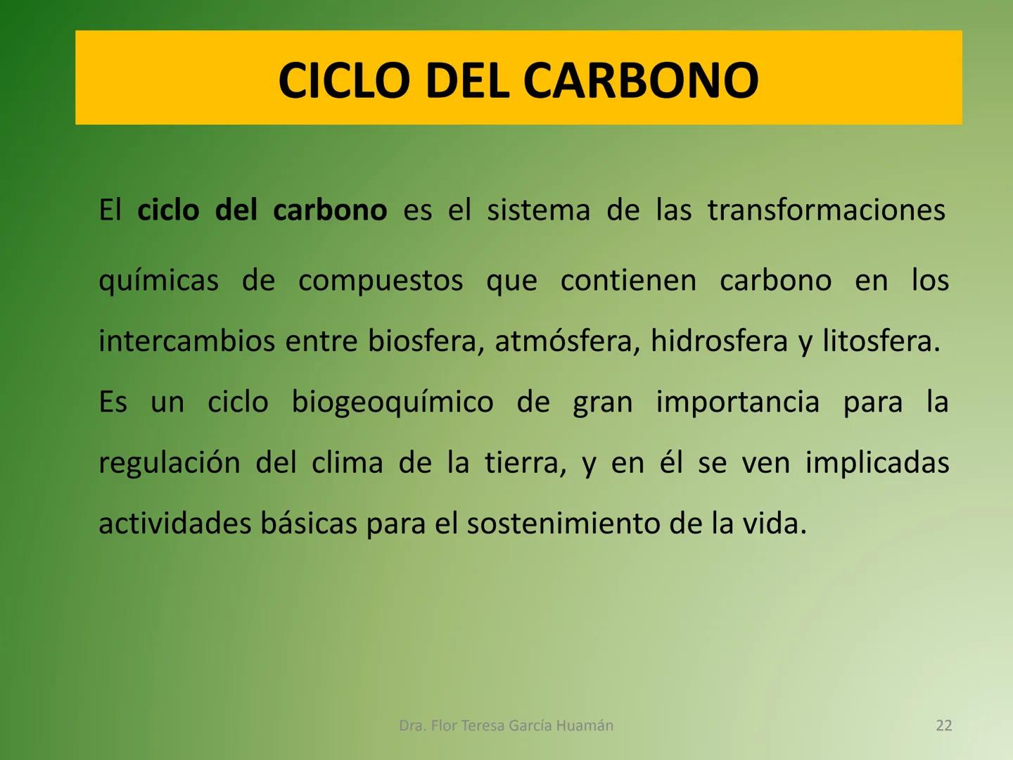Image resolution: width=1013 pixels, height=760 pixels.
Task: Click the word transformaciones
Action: click(827, 210)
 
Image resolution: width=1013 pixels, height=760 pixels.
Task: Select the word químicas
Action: click(159, 281)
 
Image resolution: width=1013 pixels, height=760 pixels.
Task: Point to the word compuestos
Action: click(381, 281)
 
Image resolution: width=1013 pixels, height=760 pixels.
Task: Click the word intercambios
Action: click(186, 341)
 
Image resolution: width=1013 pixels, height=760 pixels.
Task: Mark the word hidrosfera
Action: click(719, 341)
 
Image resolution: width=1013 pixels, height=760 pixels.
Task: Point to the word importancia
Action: click(738, 403)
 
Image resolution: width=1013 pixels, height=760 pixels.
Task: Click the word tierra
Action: click(525, 463)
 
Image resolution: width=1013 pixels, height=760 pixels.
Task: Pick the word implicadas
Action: click(877, 463)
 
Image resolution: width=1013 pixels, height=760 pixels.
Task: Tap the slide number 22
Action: click(944, 726)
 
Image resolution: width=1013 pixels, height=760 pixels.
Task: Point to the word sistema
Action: click(538, 210)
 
